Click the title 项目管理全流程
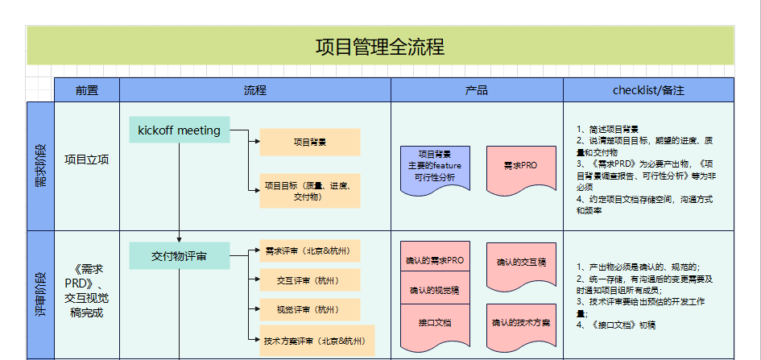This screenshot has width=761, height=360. (x=379, y=46)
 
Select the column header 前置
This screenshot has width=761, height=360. (x=86, y=90)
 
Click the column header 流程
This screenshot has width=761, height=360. (x=254, y=90)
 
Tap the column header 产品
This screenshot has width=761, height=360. (x=477, y=90)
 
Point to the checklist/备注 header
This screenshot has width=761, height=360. (x=648, y=90)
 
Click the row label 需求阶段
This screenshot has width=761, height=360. (x=40, y=165)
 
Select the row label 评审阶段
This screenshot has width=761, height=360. (x=40, y=294)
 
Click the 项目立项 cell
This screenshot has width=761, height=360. (x=86, y=159)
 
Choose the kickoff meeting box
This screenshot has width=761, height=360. (x=179, y=130)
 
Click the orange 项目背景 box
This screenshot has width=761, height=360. (x=309, y=143)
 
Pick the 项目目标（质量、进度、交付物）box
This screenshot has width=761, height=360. (x=309, y=191)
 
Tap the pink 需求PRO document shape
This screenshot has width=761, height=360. (x=520, y=167)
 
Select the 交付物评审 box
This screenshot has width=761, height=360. (x=179, y=256)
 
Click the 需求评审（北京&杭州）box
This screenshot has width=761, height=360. (x=309, y=250)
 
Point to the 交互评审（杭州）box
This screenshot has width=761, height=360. (x=309, y=280)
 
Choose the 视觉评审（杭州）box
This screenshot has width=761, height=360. (x=309, y=309)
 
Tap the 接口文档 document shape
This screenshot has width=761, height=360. (x=435, y=323)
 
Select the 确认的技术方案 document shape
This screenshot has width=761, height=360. (x=520, y=323)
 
